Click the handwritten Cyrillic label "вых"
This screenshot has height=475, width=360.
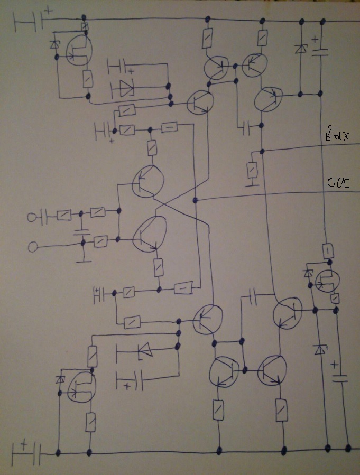(337, 135)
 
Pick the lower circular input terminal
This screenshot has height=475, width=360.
(33, 246)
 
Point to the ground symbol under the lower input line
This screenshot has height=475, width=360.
(83, 260)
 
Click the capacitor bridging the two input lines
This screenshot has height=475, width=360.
(81, 231)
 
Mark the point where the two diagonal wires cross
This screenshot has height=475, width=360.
(174, 207)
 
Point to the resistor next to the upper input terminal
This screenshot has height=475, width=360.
(63, 216)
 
